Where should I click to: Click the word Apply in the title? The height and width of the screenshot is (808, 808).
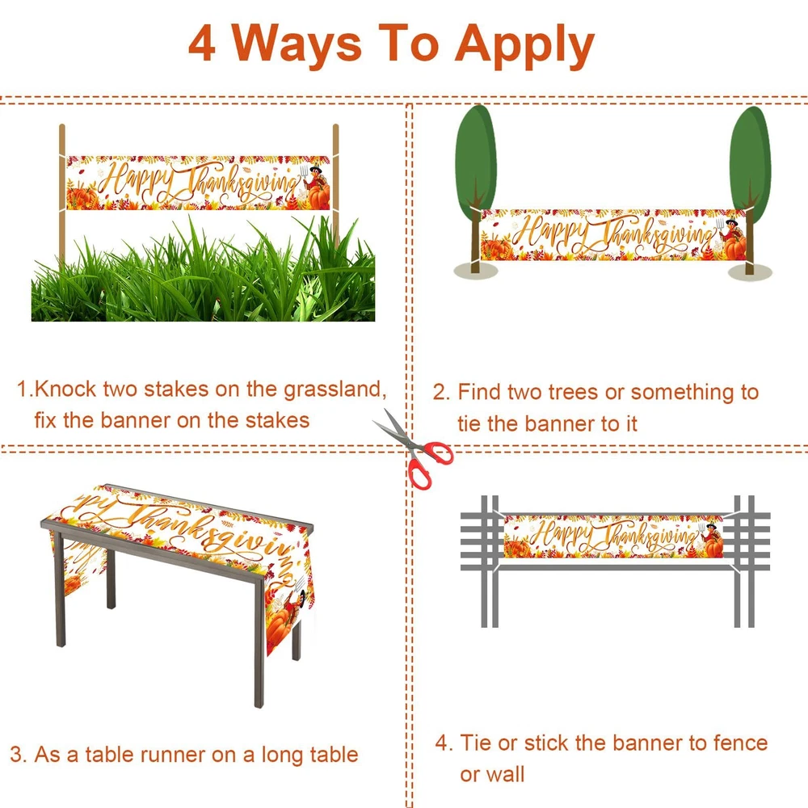pos(524,46)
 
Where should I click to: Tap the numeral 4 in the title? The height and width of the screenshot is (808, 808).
pos(202,44)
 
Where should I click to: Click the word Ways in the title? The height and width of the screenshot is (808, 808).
pos(297,45)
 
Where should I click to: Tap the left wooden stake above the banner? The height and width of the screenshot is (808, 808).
pos(62,139)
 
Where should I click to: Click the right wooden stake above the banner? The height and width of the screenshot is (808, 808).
pos(335,139)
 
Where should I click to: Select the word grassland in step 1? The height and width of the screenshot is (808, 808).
pos(335,390)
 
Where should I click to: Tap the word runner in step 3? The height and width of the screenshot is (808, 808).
pos(173,755)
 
